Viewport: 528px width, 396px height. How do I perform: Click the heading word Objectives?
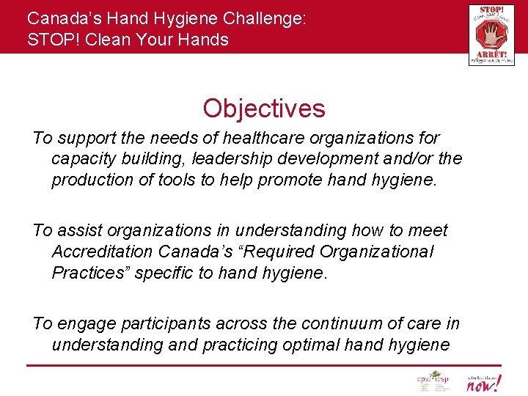264,109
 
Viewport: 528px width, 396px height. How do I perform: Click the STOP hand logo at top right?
491,34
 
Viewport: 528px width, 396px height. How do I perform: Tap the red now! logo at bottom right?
484,382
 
